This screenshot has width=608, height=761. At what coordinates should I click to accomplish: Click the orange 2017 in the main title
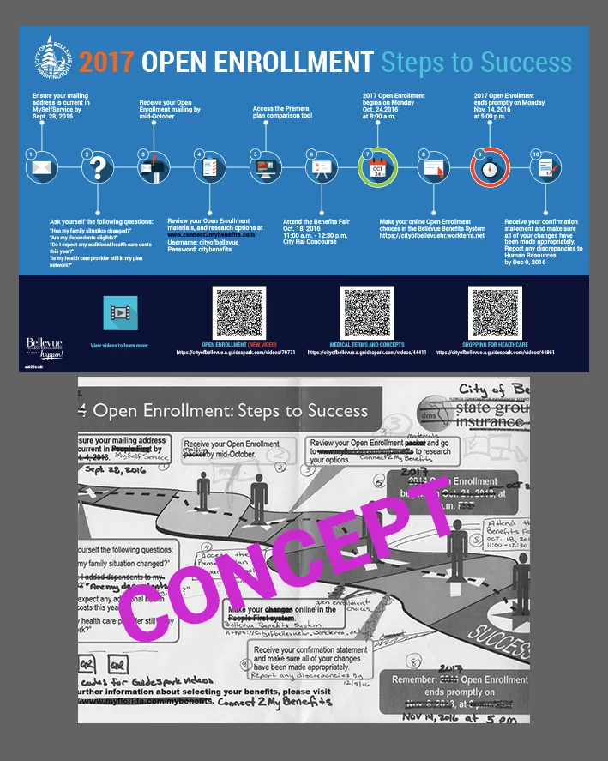coord(106,63)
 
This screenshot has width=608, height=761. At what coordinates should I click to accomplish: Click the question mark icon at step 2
coord(98,167)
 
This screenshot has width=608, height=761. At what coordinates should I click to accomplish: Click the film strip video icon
coord(120,313)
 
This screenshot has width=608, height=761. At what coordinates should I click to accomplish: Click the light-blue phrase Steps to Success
coord(476,63)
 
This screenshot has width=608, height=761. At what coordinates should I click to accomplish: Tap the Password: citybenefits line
coord(200,250)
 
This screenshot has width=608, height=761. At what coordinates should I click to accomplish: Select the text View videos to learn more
coord(119,345)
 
